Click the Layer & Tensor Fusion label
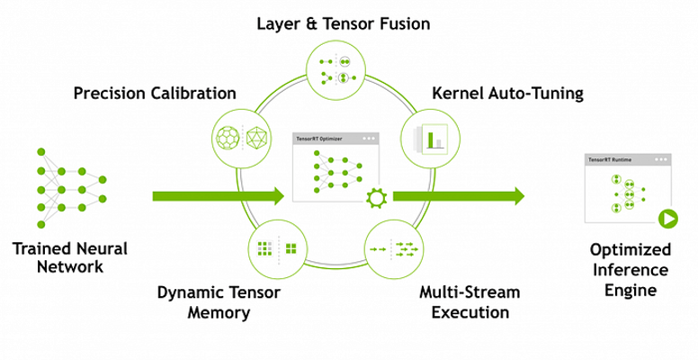pos(344,23)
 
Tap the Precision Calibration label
pos(155,94)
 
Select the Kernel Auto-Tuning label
pos(508,94)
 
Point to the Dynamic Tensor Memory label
pos(219,302)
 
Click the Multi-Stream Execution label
pos(470,302)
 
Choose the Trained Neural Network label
pos(70,257)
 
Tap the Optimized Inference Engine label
pos(631,270)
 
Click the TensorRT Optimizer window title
pos(319,139)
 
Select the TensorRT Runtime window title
pos(604,159)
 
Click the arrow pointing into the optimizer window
pos(218,196)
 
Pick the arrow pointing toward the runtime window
pos(459,196)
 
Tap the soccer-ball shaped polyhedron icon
pos(228,137)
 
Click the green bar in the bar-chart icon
pos(431,139)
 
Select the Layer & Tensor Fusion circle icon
pos(336,69)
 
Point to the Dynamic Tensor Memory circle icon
pos(278,249)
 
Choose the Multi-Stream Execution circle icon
pos(394,249)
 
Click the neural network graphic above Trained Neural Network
pos(71,188)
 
